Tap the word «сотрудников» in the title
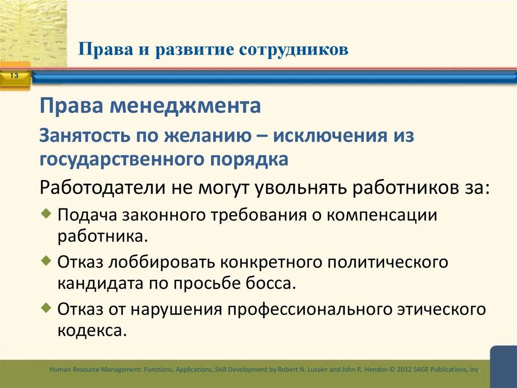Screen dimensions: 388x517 pyautogui.click(x=293, y=50)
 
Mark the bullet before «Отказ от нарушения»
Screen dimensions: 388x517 pyautogui.click(x=46, y=307)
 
